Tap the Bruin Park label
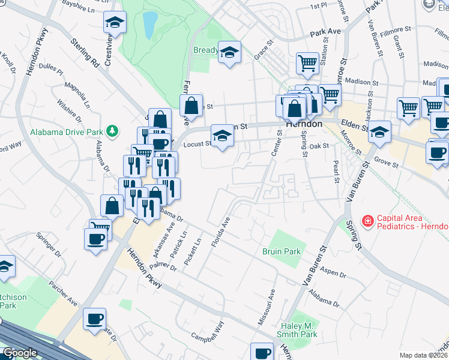pos(281,251)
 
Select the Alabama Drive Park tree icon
pos(111,130)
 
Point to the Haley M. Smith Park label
pos(298,329)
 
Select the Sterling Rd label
pos(84,52)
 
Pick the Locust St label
pos(196,144)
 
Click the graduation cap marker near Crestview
pos(115,24)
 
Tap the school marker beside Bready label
pos(229,53)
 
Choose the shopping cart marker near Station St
pos(307,63)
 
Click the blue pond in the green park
pos(149,25)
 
